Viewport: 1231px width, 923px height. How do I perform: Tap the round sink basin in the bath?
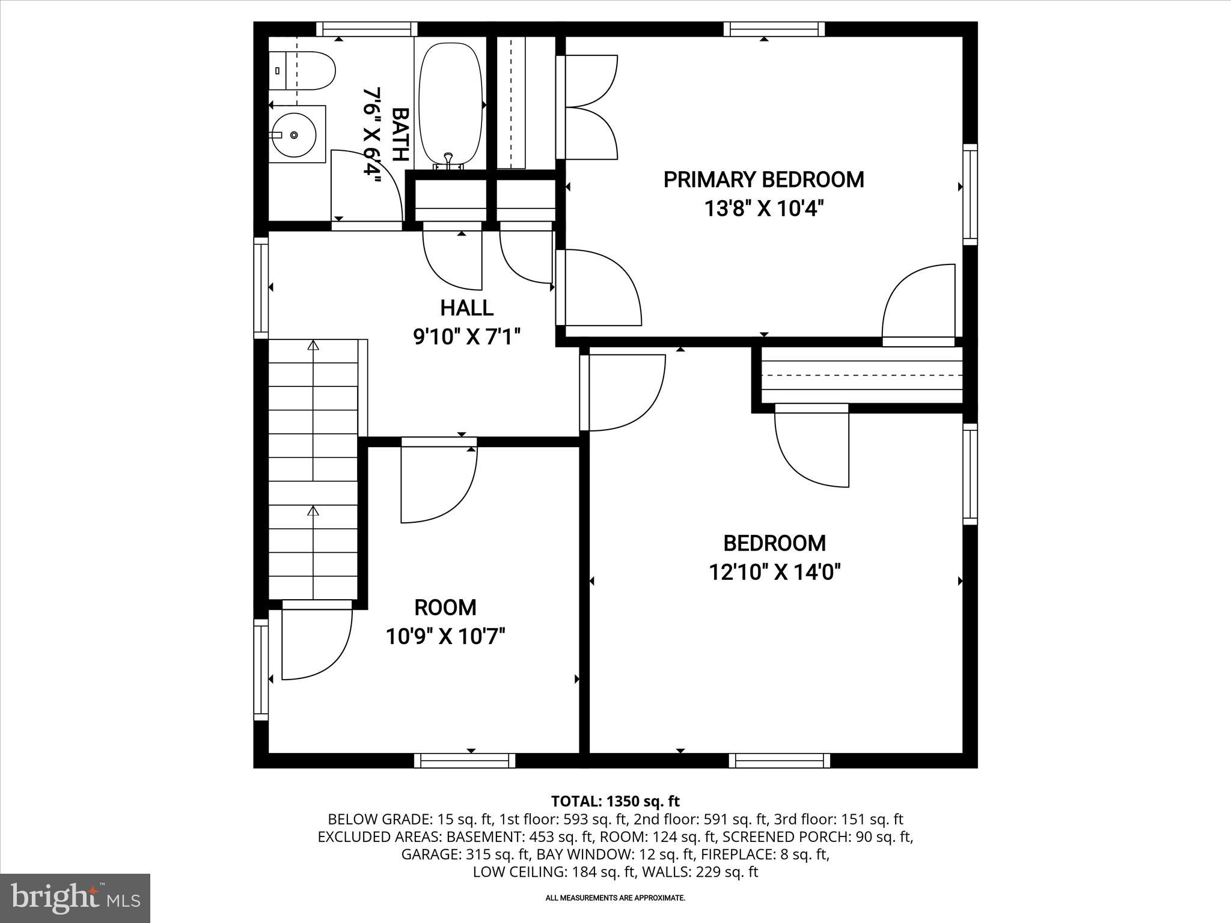pyautogui.click(x=293, y=135)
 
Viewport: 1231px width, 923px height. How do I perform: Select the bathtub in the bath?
pyautogui.click(x=451, y=105)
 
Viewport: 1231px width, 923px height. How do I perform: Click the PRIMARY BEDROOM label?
pyautogui.click(x=763, y=180)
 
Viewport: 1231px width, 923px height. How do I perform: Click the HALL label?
pyautogui.click(x=467, y=308)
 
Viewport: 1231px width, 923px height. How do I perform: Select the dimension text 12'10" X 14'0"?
pyautogui.click(x=774, y=572)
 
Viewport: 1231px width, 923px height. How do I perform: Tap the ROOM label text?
pyautogui.click(x=445, y=608)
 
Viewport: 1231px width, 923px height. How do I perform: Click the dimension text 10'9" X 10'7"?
pyautogui.click(x=445, y=636)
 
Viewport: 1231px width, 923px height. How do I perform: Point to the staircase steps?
pyautogui.click(x=313, y=469)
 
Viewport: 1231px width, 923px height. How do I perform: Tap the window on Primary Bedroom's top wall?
pyautogui.click(x=774, y=29)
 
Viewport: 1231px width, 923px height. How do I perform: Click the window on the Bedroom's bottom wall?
pyautogui.click(x=780, y=761)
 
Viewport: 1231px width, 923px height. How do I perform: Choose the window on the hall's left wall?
pyautogui.click(x=261, y=286)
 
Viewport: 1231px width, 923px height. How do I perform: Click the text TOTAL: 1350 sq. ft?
pyautogui.click(x=615, y=801)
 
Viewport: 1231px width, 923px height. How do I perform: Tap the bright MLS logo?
pyautogui.click(x=75, y=899)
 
